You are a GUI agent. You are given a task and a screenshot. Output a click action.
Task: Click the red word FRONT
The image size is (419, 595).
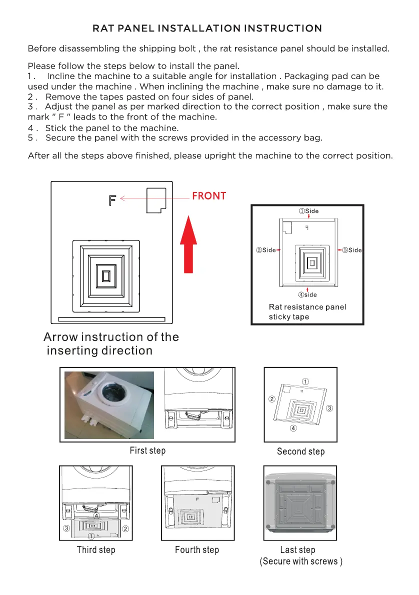tap(209, 196)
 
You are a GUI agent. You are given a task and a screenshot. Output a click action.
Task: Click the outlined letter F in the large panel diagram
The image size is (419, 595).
tap(112, 200)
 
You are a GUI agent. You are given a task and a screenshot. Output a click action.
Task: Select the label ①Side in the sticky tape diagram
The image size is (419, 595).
tap(308, 211)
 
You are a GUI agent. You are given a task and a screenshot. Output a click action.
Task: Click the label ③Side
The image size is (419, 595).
tap(351, 250)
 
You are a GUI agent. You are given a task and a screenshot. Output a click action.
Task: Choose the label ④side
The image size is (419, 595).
tap(308, 295)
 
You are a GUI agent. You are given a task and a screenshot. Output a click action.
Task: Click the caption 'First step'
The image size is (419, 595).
tap(147, 450)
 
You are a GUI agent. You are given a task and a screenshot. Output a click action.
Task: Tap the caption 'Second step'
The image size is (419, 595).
tap(300, 451)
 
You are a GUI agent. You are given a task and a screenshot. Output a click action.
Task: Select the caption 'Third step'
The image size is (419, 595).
tap(96, 550)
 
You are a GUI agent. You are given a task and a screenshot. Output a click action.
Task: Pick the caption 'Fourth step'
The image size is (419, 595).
tap(197, 550)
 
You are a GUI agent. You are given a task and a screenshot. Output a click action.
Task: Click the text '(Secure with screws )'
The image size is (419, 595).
tap(301, 561)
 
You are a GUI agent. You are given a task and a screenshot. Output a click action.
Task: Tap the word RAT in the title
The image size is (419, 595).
tap(102, 28)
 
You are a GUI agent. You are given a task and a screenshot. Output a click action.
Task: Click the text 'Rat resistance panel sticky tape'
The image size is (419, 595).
tap(307, 311)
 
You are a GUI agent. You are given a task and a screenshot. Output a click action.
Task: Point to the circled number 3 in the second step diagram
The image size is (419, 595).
tap(329, 408)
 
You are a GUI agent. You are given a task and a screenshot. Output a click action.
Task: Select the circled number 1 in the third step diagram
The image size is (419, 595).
tap(91, 536)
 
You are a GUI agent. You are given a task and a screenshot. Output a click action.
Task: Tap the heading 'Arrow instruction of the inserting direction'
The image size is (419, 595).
tap(111, 343)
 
